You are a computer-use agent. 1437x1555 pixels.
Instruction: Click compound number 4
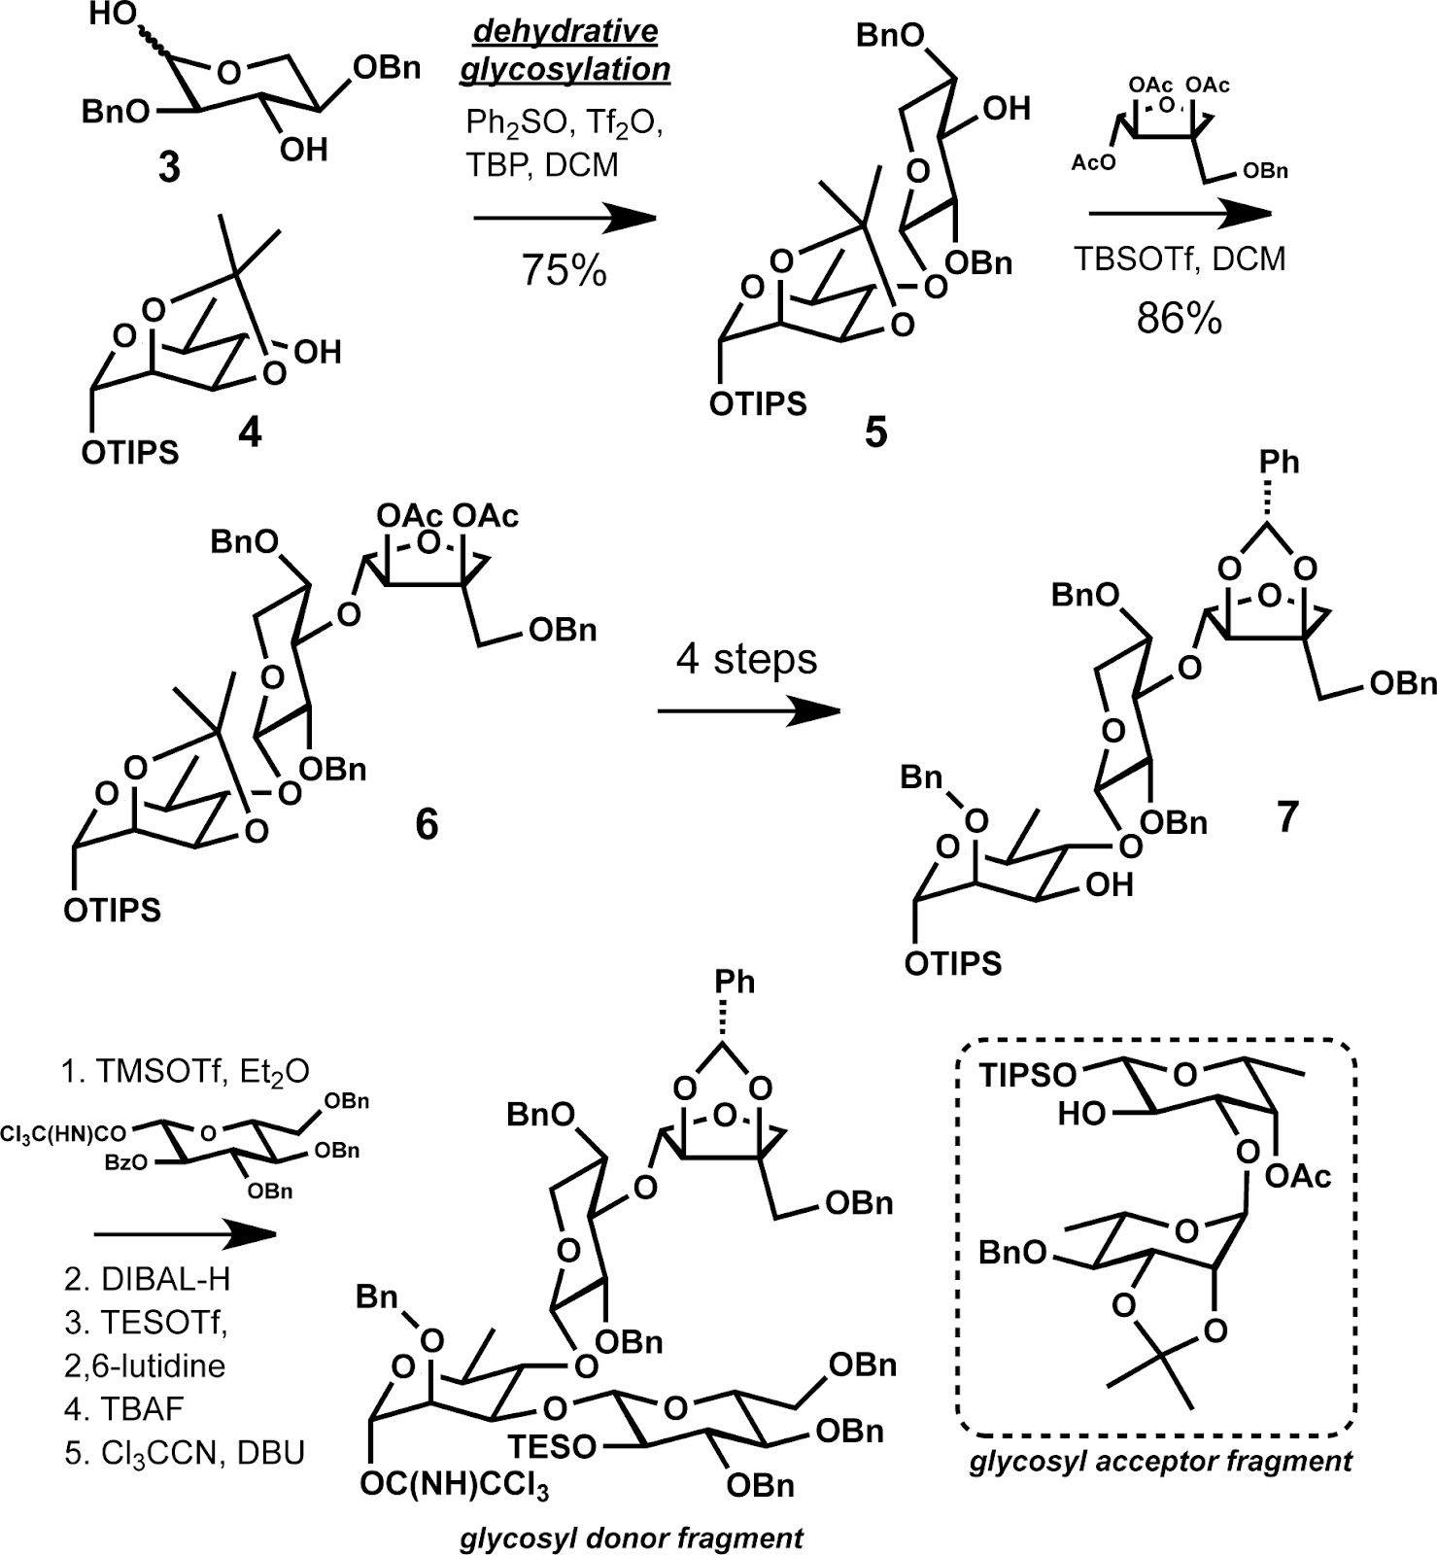pyautogui.click(x=250, y=432)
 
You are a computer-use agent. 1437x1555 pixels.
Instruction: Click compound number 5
pyautogui.click(x=876, y=432)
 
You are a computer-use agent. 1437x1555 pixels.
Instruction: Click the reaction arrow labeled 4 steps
pyautogui.click(x=748, y=711)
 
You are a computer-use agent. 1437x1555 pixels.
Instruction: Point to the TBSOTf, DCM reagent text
pyautogui.click(x=1180, y=259)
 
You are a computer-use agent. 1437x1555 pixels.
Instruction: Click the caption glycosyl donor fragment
pyautogui.click(x=632, y=1538)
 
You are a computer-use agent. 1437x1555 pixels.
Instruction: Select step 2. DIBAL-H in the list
pyautogui.click(x=148, y=1279)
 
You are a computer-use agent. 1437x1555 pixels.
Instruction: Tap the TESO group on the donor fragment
pyautogui.click(x=552, y=1446)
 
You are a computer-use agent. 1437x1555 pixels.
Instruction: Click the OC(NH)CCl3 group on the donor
pyautogui.click(x=454, y=1486)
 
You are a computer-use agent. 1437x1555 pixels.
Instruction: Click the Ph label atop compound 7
pyautogui.click(x=1279, y=462)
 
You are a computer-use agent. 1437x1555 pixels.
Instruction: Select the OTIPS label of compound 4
pyautogui.click(x=130, y=453)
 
